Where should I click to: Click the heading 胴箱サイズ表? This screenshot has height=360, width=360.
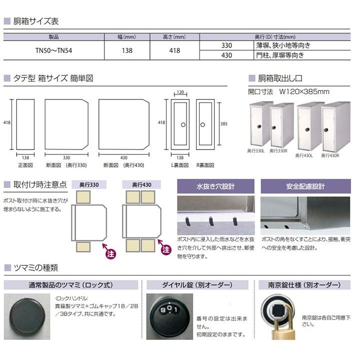coord(35,21)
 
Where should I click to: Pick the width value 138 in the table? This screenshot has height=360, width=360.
coord(127,50)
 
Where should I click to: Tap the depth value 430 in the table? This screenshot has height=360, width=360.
coord(226,55)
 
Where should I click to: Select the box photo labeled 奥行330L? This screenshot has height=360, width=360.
coord(260,124)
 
